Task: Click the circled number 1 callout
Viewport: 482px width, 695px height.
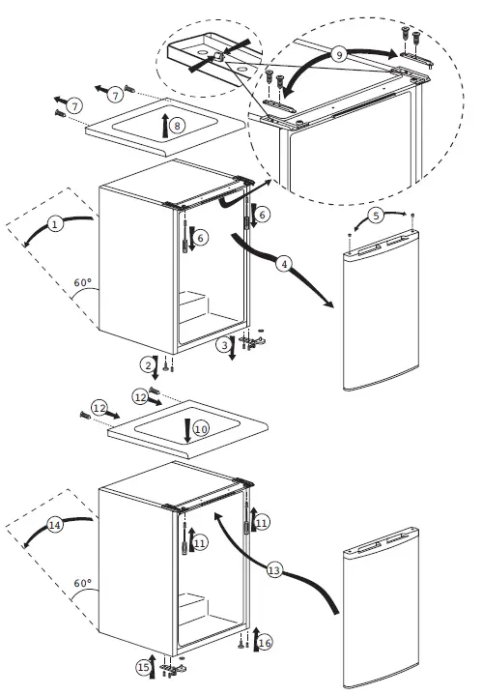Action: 55,224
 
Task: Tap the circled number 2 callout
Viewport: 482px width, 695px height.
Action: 148,364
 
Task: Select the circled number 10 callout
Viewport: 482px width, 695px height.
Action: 200,426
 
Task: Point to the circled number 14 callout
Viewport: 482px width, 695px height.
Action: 54,525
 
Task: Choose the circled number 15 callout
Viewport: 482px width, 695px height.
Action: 144,666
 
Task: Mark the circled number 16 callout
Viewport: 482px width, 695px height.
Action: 264,642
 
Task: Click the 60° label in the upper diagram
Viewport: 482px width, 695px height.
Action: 82,283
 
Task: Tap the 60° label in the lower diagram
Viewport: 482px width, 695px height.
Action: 82,584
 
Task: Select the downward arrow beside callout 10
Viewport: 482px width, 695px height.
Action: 186,426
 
